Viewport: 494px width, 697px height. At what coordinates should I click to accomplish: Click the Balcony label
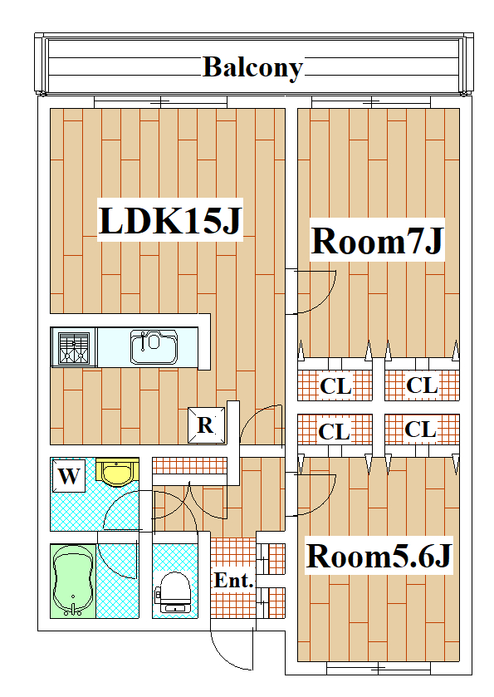[x=252, y=68]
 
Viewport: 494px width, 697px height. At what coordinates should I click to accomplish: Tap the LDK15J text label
[x=170, y=220]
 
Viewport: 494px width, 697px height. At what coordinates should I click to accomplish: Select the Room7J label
[x=377, y=240]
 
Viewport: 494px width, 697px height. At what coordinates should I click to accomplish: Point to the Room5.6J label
[x=379, y=556]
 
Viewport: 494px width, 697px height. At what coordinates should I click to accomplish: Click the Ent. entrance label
[x=233, y=580]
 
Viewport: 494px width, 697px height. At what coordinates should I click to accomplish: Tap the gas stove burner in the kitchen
[x=74, y=347]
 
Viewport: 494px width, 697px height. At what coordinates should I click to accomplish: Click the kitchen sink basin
[x=154, y=346]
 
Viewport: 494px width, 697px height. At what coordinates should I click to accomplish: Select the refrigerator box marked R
[x=206, y=425]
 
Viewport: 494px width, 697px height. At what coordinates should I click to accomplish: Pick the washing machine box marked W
[x=69, y=476]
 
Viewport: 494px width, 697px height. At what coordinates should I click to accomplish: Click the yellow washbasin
[x=118, y=473]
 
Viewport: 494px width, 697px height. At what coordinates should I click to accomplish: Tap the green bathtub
[x=73, y=581]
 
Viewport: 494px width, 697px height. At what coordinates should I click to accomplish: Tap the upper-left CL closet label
[x=335, y=385]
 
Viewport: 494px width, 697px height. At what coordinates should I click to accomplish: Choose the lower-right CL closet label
[x=421, y=429]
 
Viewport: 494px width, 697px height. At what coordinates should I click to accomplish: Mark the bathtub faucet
[x=73, y=609]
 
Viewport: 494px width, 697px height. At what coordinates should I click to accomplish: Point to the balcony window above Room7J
[x=371, y=102]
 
